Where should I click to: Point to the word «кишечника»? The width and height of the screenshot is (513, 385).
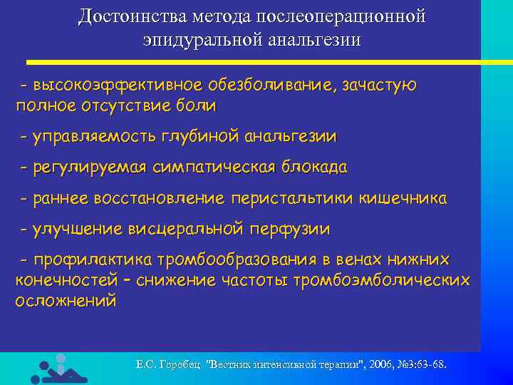pyautogui.click(x=405, y=199)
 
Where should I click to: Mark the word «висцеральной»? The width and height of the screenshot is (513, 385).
pyautogui.click(x=187, y=230)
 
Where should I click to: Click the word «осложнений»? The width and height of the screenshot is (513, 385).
pyautogui.click(x=66, y=300)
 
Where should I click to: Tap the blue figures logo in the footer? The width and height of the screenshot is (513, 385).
pyautogui.click(x=55, y=368)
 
